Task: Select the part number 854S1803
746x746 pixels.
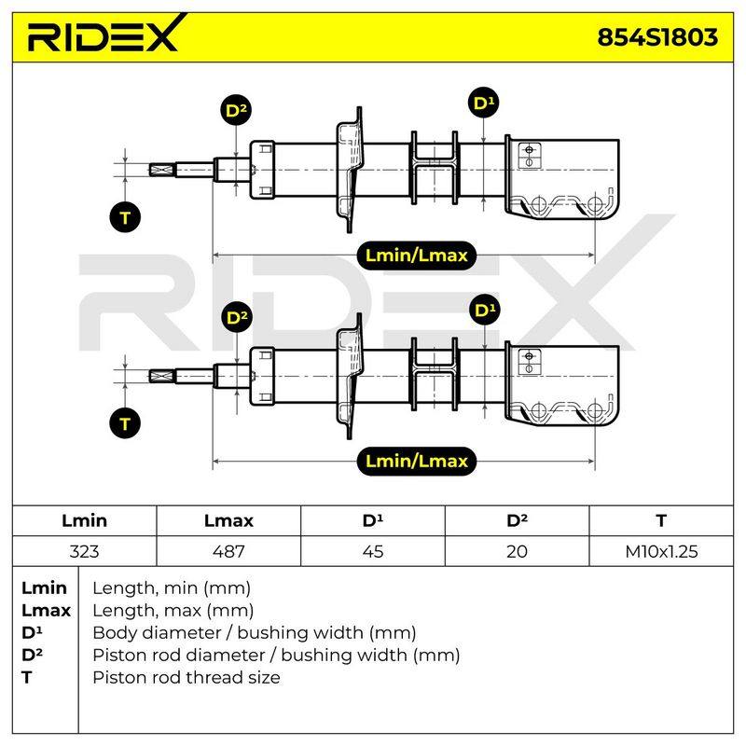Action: pos(657,37)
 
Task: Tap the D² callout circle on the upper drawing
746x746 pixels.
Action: pos(236,110)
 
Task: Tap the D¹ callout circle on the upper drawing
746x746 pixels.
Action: pos(483,103)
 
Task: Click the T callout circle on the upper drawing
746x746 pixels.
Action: pos(125,217)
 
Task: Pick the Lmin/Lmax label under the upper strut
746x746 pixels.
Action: pos(416,256)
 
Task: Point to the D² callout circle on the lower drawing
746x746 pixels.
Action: pos(237,317)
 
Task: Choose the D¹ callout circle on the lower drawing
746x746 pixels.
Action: pos(484,311)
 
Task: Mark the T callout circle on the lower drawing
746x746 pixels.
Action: pos(125,423)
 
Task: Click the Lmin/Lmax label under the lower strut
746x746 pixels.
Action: pos(416,461)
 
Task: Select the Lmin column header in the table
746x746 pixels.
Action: pos(84,520)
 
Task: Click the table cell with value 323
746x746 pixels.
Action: pos(84,551)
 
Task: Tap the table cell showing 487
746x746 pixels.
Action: pos(228,551)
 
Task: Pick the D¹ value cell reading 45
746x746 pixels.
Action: pos(373,551)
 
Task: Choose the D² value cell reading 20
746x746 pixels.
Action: pos(518,551)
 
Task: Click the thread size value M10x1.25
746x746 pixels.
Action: pos(661,551)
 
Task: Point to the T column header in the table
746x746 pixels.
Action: pos(661,520)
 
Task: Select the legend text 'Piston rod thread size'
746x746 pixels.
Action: pos(186,678)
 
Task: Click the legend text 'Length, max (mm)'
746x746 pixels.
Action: pos(173,611)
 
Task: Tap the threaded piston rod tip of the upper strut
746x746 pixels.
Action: pos(162,170)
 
